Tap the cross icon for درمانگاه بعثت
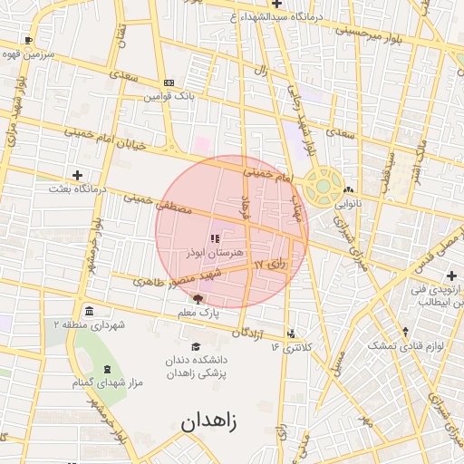[x=77, y=175]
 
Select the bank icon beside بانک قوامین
[x=168, y=82]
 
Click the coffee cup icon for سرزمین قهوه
[x=29, y=41]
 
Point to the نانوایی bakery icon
[x=349, y=189]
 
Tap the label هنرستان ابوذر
[x=213, y=253]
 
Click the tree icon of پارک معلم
[x=198, y=297]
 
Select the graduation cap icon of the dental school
[x=196, y=345]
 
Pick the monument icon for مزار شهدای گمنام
[x=108, y=369]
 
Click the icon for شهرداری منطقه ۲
[x=87, y=309]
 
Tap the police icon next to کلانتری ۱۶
[x=290, y=333]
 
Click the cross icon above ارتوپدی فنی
[x=451, y=275]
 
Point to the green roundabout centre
[x=322, y=187]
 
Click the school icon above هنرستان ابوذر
[x=215, y=239]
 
